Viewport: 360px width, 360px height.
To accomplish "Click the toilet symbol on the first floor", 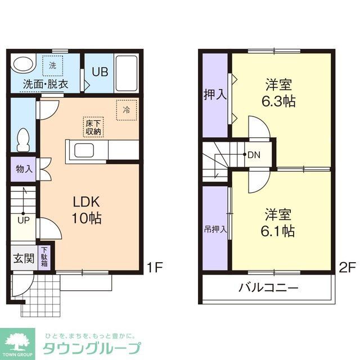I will tap(23, 139).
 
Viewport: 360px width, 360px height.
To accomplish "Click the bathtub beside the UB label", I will tap(126, 74).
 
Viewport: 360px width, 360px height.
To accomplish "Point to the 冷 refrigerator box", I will tap(126, 110).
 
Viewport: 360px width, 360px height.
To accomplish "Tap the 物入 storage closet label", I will tap(24, 169).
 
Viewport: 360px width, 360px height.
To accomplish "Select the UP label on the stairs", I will tap(23, 220).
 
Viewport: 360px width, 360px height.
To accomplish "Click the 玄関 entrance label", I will tap(24, 259).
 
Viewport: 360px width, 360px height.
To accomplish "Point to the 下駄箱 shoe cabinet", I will tap(44, 258).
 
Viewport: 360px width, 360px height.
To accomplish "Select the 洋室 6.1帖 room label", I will tap(280, 222).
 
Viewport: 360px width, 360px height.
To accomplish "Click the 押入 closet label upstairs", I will tap(215, 94).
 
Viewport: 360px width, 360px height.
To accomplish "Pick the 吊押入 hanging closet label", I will tap(215, 229).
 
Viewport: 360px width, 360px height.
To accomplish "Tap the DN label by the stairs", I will tap(254, 154).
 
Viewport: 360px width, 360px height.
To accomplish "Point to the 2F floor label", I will tap(347, 266).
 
